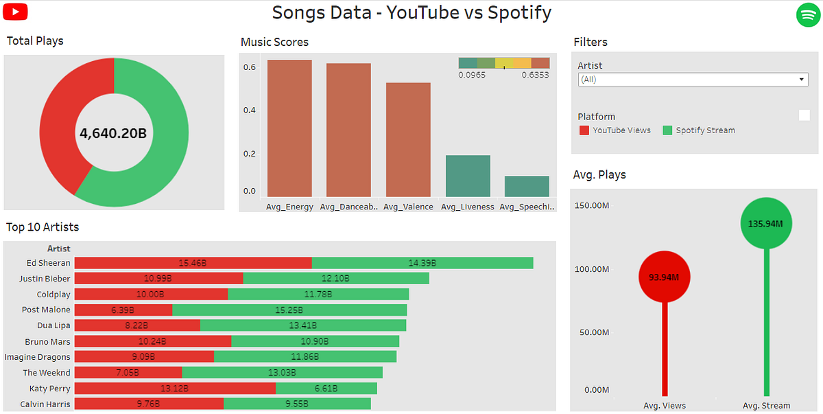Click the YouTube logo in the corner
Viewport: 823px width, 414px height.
[x=15, y=12]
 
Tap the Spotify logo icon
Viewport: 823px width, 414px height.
[x=808, y=14]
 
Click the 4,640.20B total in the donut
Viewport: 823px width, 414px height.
[x=113, y=133]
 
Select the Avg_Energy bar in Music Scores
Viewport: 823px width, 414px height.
[x=289, y=128]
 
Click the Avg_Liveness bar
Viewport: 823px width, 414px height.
[x=468, y=176]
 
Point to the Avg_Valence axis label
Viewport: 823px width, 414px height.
[x=408, y=207]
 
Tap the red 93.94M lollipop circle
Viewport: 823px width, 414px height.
[x=665, y=277]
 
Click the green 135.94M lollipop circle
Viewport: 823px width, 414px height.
[x=766, y=223]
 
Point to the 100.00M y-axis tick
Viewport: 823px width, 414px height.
[x=591, y=269]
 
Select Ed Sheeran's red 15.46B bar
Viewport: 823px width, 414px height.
[x=193, y=263]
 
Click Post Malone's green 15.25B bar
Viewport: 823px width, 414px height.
[x=289, y=310]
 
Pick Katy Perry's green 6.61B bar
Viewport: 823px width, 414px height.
[x=326, y=389]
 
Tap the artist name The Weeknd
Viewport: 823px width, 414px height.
[x=47, y=373]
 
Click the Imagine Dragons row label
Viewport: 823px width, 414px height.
[x=38, y=357]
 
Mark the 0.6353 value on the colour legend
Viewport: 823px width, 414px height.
[x=535, y=75]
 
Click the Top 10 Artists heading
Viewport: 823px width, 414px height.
[x=43, y=227]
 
